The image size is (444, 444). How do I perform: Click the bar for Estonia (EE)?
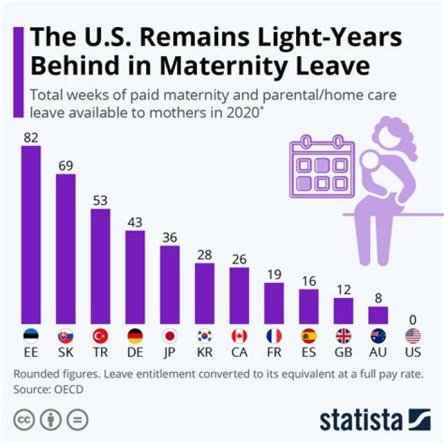31,235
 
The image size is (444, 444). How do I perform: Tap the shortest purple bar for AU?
378,315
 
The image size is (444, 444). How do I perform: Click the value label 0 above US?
413,319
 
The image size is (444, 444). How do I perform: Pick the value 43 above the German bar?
135,221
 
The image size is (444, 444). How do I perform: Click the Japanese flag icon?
170,336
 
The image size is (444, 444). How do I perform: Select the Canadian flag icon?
239,336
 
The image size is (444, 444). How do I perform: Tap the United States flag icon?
413,336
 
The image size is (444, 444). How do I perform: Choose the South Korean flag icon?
205,336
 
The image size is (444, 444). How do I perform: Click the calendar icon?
322,166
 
